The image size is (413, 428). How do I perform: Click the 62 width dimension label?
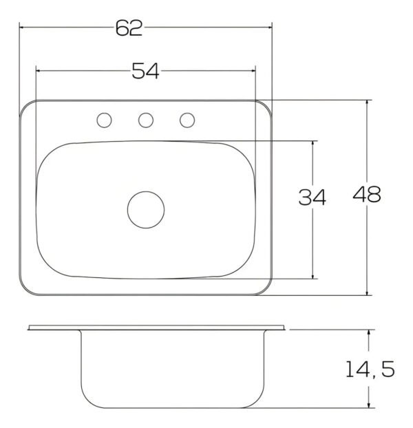[129, 28]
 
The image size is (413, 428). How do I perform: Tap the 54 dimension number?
[145, 71]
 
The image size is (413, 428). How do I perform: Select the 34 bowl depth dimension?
[313, 197]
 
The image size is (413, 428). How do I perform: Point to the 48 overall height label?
[367, 194]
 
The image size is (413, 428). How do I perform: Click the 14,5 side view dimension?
[370, 369]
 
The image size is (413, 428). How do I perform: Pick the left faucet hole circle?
[104, 120]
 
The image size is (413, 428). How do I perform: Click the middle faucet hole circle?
[146, 120]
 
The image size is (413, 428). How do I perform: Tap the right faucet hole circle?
[187, 120]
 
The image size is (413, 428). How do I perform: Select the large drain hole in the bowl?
[146, 210]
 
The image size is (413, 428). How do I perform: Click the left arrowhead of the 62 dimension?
[21, 28]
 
